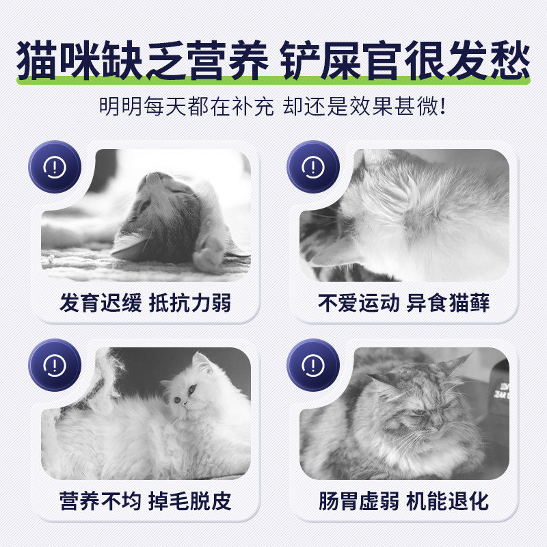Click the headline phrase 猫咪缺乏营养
(140, 63)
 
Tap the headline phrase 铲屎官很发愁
(405, 63)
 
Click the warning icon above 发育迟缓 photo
(55, 167)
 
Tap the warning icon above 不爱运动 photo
(313, 167)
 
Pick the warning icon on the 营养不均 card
(55, 364)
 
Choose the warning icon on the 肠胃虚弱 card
(313, 364)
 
